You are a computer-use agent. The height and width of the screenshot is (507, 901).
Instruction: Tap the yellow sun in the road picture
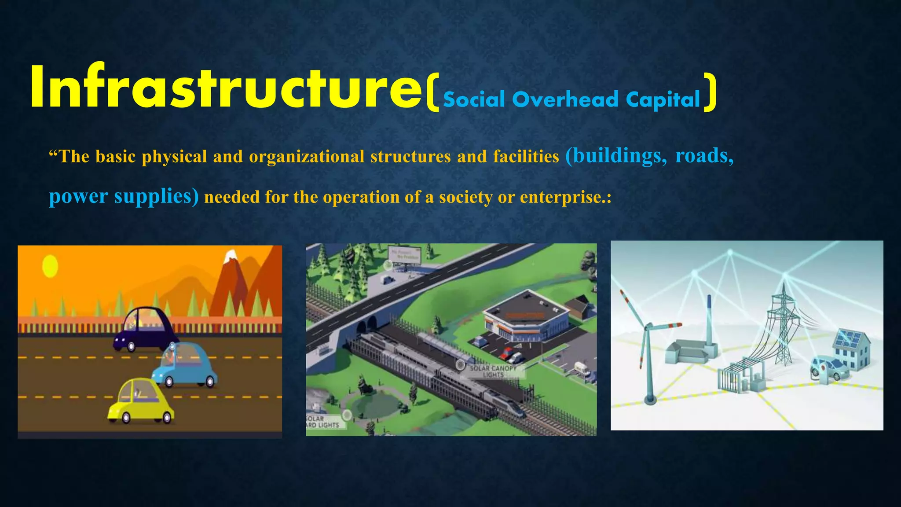(x=50, y=266)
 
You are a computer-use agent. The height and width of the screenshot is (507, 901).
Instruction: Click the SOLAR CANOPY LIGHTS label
(x=493, y=371)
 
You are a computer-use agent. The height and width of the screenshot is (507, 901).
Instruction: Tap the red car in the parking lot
(x=507, y=353)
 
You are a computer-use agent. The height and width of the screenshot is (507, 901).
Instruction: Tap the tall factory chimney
(x=709, y=320)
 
